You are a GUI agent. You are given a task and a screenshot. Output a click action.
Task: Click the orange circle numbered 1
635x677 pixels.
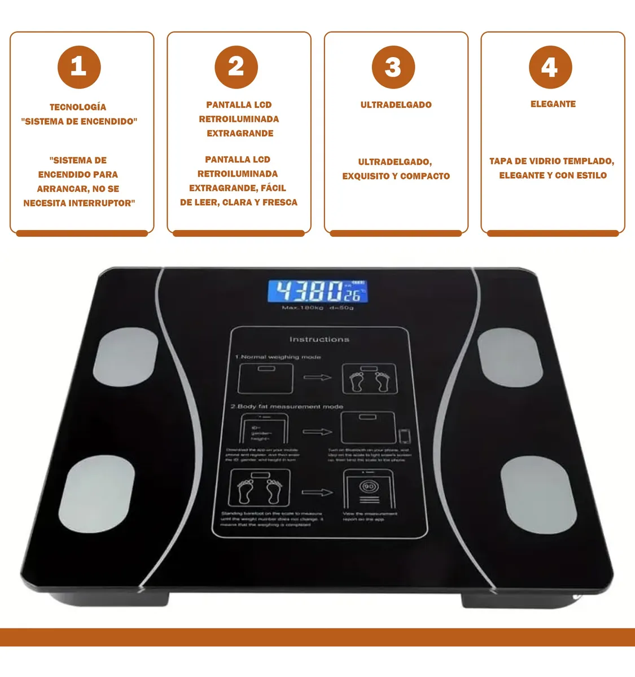pos(79,67)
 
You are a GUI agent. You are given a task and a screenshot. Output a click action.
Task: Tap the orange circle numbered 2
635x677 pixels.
pos(236,67)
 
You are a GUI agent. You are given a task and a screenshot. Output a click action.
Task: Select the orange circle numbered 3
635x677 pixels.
pos(393,67)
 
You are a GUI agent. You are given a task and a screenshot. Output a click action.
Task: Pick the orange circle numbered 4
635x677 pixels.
pos(550,67)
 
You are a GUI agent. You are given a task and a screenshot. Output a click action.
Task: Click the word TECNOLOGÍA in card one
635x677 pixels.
pos(78,107)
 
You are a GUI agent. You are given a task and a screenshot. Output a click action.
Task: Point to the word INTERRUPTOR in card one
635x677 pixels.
pos(102,203)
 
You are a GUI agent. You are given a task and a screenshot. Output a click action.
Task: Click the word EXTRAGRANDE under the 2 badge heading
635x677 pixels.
pos(240,134)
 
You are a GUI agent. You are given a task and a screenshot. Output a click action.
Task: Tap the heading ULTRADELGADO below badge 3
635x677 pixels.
pos(396,105)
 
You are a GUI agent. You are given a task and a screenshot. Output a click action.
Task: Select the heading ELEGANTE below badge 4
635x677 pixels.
pos(553,104)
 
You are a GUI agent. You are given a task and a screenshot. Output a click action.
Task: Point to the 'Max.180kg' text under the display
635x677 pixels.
pos(303,308)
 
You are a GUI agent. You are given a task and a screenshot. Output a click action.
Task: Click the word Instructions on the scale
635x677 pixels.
pos(319,340)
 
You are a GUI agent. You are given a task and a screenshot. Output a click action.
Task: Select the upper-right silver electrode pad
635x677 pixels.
pos(510,358)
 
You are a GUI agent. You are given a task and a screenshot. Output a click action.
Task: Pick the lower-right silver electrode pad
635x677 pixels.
pos(538,495)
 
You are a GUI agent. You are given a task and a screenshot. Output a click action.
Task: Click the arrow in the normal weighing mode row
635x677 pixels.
pos(317,377)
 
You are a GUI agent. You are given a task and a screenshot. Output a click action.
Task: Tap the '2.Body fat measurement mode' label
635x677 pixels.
pos(287,406)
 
